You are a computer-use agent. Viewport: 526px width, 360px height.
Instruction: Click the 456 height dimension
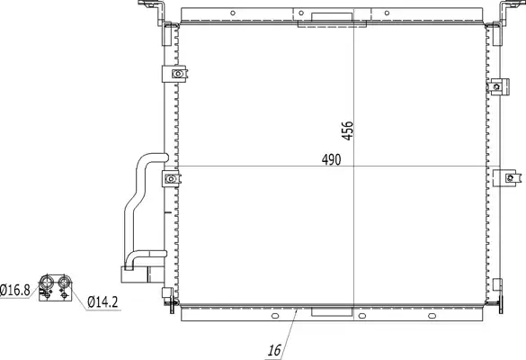(x=348, y=130)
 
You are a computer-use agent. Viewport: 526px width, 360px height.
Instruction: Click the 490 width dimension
(x=331, y=159)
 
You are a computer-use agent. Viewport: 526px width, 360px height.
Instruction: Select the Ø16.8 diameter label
(x=15, y=290)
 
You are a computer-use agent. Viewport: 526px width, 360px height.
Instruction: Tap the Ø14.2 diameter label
(x=103, y=301)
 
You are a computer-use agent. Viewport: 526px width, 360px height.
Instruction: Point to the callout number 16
(x=274, y=350)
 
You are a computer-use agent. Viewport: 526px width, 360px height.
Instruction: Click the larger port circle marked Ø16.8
(x=46, y=282)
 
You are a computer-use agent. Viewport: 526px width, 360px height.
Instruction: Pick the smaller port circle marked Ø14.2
(x=64, y=281)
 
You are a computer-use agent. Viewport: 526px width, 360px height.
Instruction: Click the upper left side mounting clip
(x=174, y=74)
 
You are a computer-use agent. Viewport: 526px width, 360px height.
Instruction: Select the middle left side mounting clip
(x=171, y=179)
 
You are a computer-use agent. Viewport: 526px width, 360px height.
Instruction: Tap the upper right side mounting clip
(x=498, y=86)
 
